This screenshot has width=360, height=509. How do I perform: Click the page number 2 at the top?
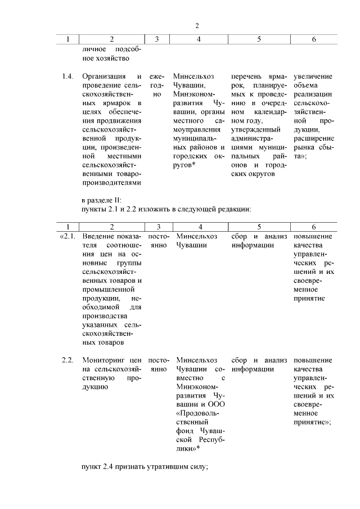pos(197,26)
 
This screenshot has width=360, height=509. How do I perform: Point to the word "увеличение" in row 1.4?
pos(313,76)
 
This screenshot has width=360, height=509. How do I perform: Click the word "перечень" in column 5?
pos(248,76)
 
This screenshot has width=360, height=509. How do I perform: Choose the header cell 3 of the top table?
pos(157,39)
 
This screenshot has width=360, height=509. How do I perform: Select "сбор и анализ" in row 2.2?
pos(259,360)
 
